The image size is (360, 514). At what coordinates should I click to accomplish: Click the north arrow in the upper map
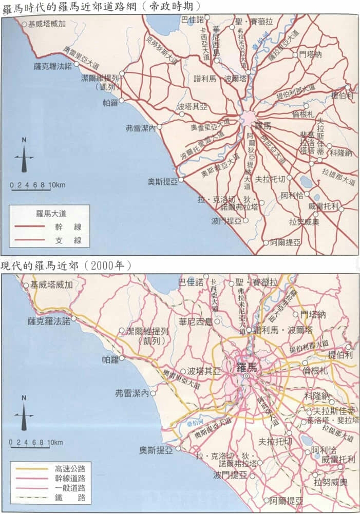pyautogui.click(x=24, y=155)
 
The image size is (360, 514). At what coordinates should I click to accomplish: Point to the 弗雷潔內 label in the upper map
pyautogui.click(x=140, y=128)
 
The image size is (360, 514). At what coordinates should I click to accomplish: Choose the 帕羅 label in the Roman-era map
pyautogui.click(x=110, y=103)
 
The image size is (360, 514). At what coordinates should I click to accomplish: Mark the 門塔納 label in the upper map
pyautogui.click(x=311, y=54)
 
